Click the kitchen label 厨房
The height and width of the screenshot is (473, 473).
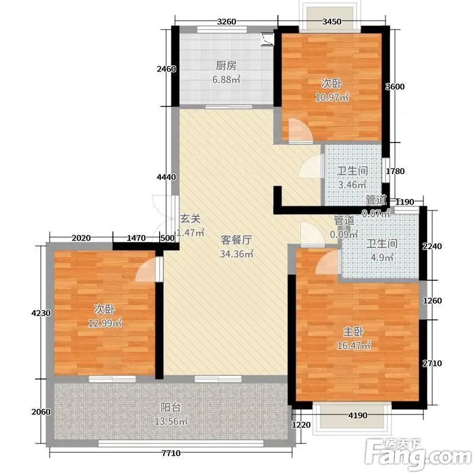tap(226, 66)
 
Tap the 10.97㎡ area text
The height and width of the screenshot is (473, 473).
tap(332, 97)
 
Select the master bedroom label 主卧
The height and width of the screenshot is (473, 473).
tap(353, 332)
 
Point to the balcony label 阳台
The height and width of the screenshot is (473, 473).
tap(170, 407)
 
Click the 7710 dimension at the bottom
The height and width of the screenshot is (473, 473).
tap(171, 453)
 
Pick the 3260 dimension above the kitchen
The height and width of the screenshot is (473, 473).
tap(226, 22)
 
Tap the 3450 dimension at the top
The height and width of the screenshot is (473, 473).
tap(332, 22)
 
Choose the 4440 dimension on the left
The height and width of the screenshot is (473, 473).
tap(166, 177)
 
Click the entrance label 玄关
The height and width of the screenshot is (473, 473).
tap(190, 219)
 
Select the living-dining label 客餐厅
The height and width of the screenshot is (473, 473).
tap(236, 240)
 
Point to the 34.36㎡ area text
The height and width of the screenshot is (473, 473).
tap(236, 254)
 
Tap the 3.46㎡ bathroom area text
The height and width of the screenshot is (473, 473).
tap(352, 184)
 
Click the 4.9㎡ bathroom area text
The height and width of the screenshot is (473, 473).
tap(382, 257)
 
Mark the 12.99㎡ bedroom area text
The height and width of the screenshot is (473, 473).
tap(105, 323)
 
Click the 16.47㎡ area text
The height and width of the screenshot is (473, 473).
tap(354, 345)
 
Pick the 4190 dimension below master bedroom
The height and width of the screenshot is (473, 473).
tap(358, 416)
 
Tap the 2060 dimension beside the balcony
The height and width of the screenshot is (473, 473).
tap(41, 412)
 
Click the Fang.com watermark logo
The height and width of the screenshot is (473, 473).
tap(418, 454)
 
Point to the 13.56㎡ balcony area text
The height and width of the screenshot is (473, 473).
tap(171, 421)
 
